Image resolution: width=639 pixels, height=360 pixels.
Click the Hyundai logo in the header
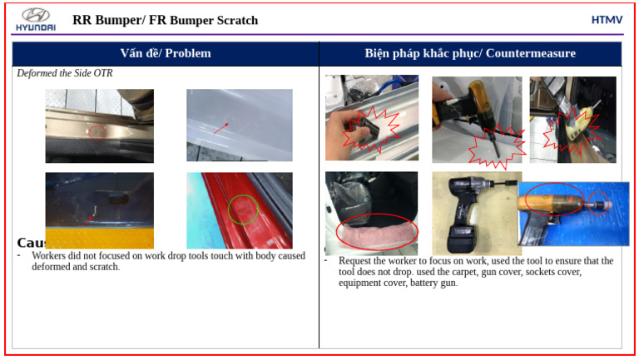(x=35, y=19)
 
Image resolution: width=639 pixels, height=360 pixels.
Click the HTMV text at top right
(x=607, y=20)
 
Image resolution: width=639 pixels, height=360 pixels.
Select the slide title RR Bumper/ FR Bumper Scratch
(x=166, y=20)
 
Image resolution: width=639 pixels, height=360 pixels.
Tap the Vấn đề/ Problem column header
(x=166, y=53)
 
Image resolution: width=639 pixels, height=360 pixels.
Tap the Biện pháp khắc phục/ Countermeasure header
(x=470, y=53)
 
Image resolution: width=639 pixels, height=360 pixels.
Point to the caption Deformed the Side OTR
(x=65, y=73)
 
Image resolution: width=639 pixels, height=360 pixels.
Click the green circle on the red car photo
(x=243, y=208)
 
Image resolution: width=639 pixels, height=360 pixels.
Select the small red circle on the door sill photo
(x=98, y=131)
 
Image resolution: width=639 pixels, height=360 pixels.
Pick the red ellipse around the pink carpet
(x=377, y=230)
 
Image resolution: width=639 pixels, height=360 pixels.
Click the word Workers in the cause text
(x=49, y=256)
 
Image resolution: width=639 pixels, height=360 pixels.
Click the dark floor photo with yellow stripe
(x=99, y=210)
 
